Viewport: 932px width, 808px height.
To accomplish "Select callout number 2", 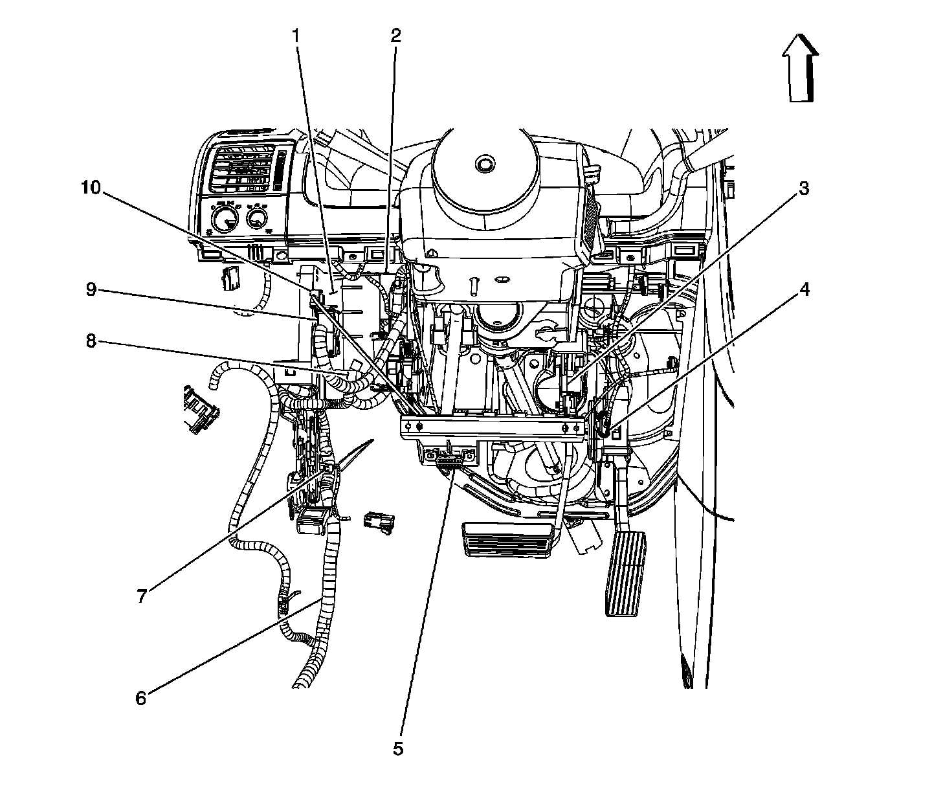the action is pos(395,36).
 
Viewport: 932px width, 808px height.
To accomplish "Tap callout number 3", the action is pos(803,189).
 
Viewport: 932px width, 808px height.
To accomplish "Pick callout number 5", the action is pos(398,749).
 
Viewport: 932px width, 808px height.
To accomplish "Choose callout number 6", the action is pos(141,698).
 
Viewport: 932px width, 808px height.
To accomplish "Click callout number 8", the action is pos(91,341).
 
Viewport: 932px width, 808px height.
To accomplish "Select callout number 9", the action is pos(91,289).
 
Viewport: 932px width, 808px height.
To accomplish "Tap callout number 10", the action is pos(91,188).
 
